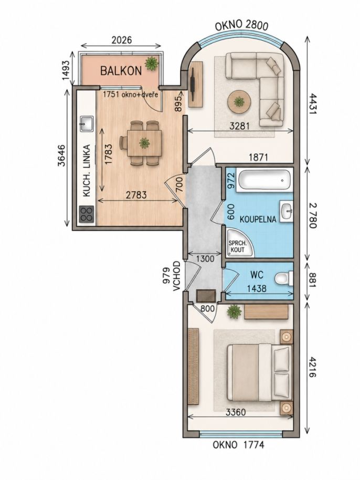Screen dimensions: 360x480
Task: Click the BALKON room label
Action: point(121,71)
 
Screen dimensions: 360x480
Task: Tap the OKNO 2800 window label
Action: point(241,26)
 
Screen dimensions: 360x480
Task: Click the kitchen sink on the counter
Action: point(86,123)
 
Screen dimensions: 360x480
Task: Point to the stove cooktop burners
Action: point(86,214)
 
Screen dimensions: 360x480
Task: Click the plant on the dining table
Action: point(144,143)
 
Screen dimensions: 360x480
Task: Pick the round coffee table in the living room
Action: point(239,102)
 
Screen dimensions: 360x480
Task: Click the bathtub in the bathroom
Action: point(264,180)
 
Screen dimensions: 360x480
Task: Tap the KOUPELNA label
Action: point(258,219)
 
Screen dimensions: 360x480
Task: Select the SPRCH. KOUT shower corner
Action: point(240,244)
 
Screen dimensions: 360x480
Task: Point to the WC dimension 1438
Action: point(257,288)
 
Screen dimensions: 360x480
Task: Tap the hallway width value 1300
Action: point(205,259)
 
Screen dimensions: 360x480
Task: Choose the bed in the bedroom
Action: point(259,372)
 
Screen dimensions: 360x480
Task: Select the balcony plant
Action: point(152,63)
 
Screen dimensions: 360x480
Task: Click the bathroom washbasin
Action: point(287,210)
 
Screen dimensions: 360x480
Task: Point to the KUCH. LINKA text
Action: point(87,171)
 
